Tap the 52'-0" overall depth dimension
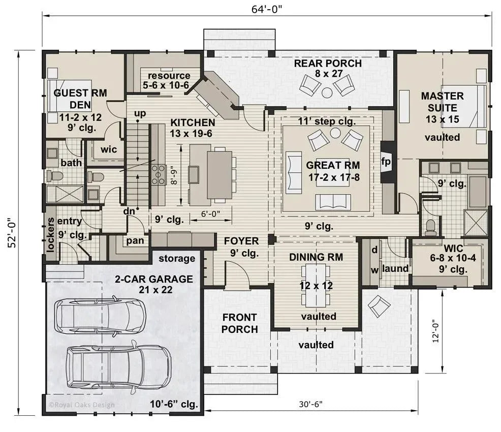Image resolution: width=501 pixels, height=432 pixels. [12, 232]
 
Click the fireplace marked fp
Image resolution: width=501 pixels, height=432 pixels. [386, 162]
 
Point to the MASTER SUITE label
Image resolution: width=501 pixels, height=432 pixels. [442, 102]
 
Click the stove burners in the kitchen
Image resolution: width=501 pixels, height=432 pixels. [159, 174]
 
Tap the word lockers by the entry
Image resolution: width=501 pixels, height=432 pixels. [50, 235]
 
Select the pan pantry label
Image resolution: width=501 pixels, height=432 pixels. [135, 240]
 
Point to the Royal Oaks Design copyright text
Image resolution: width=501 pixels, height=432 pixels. [81, 405]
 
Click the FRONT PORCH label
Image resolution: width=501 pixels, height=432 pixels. [239, 323]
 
